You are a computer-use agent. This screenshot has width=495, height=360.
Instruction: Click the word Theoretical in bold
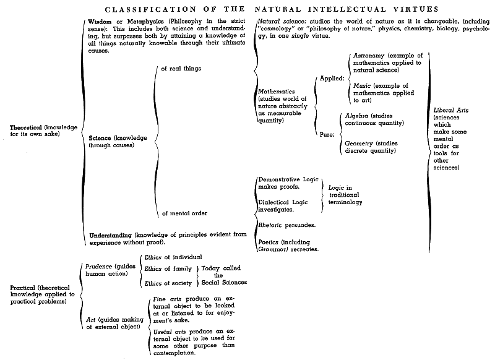tap(26, 127)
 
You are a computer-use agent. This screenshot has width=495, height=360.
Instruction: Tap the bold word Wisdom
tap(100, 22)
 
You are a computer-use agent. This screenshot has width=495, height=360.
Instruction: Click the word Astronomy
tap(369, 56)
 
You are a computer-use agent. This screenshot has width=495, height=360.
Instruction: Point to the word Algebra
tap(356, 116)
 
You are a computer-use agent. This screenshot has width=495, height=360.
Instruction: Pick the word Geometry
tap(359, 144)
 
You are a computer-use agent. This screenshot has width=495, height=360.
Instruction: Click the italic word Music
tap(362, 85)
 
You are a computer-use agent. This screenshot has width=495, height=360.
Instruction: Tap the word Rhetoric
tap(270, 225)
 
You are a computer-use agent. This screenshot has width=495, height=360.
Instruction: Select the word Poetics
tap(269, 242)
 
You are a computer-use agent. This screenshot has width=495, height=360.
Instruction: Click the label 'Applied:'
tap(332, 78)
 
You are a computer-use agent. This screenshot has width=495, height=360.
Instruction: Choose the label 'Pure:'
tap(327, 135)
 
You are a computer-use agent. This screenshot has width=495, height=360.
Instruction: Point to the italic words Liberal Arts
tap(451, 110)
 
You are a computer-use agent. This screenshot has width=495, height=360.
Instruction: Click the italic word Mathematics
tap(276, 92)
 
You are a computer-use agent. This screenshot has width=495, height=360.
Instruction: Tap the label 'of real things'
tap(181, 69)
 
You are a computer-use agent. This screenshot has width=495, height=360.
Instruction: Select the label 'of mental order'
tap(184, 213)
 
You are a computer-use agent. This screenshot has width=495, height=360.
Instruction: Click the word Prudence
tap(99, 267)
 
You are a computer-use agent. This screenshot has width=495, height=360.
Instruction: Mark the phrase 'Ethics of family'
tap(168, 269)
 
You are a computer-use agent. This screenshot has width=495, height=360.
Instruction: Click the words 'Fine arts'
tap(167, 299)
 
